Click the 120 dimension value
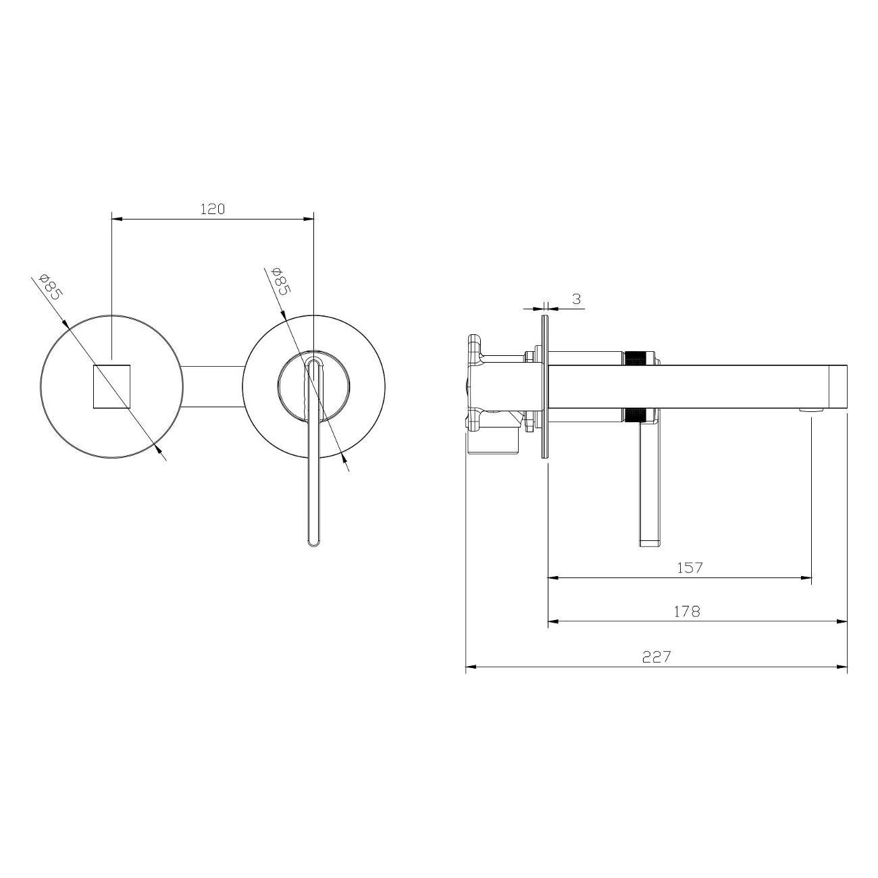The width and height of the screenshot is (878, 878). point(213,209)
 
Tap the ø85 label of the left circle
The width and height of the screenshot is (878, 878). point(50,286)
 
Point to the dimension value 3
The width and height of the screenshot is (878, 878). point(576,299)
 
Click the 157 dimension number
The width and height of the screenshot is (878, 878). point(690,567)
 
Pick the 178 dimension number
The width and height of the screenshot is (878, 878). point(687,611)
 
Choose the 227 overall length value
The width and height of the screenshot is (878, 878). point(656,656)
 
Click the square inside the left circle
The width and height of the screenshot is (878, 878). point(111,386)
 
